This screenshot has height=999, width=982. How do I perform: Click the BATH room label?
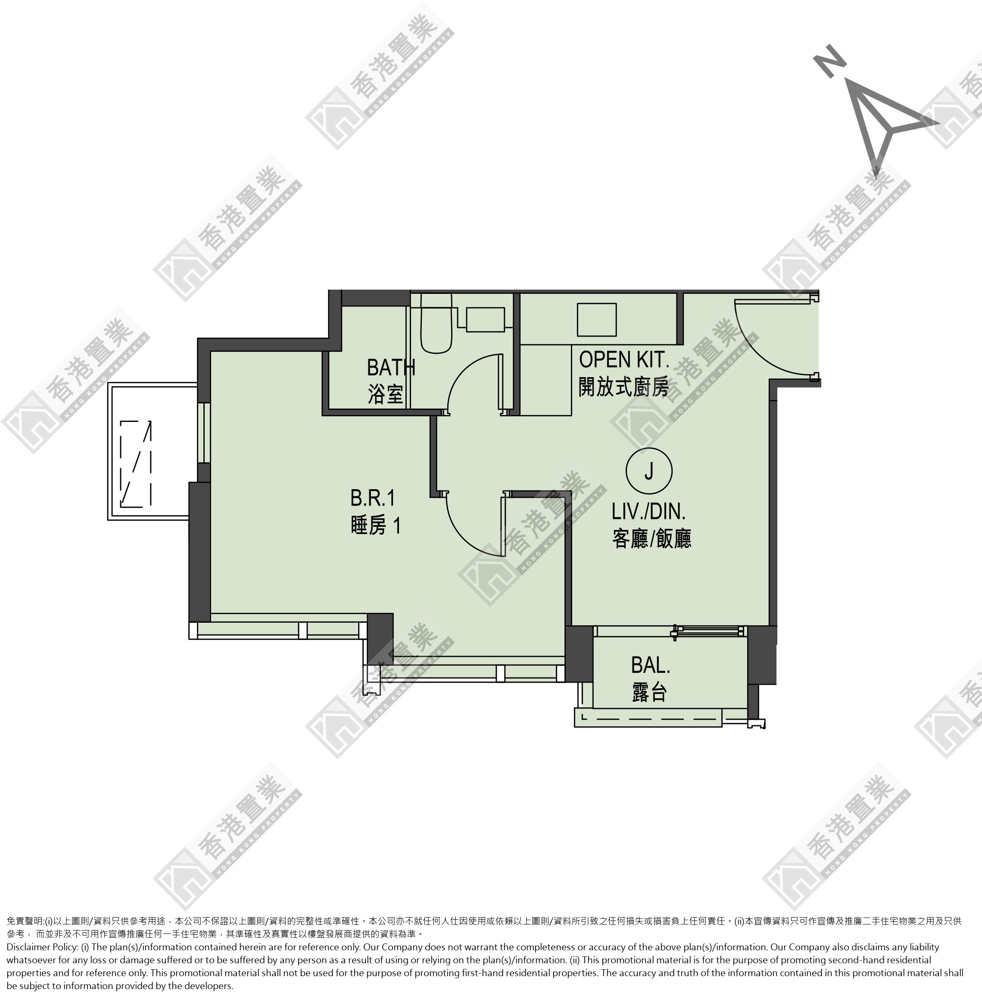click(x=390, y=367)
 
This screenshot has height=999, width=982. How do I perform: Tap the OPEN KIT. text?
click(x=623, y=359)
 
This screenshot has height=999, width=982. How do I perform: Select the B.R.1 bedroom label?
click(x=372, y=498)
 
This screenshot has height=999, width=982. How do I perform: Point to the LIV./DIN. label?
click(x=648, y=511)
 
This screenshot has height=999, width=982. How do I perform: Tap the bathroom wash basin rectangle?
click(x=485, y=319)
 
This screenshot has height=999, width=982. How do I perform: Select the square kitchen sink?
click(x=597, y=320)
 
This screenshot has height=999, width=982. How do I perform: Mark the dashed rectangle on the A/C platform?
click(x=136, y=464)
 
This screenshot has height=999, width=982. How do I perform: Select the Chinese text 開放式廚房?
click(x=623, y=387)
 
